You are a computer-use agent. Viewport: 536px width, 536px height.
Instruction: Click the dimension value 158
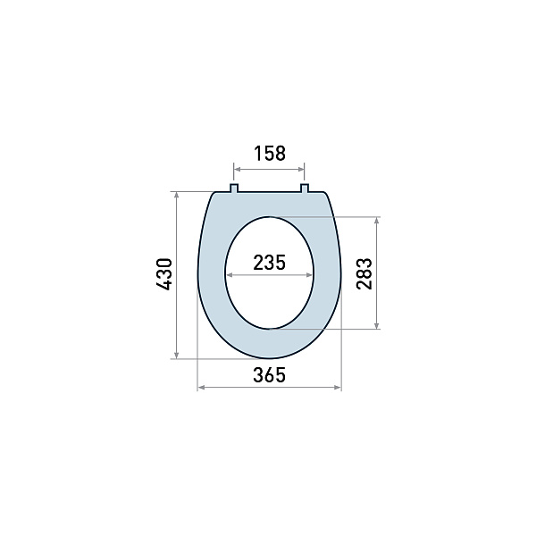(269, 153)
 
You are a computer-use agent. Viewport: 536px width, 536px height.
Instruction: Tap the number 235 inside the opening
(269, 263)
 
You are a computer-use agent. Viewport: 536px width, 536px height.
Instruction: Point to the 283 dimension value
(364, 273)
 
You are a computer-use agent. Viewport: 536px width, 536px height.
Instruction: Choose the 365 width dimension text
(269, 375)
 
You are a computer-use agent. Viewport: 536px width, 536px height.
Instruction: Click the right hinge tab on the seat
(304, 188)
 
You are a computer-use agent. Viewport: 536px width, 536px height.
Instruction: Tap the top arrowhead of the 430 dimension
(178, 194)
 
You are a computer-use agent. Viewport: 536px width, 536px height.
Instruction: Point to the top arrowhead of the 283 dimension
(378, 220)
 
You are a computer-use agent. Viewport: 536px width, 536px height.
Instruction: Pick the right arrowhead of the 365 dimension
(338, 388)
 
